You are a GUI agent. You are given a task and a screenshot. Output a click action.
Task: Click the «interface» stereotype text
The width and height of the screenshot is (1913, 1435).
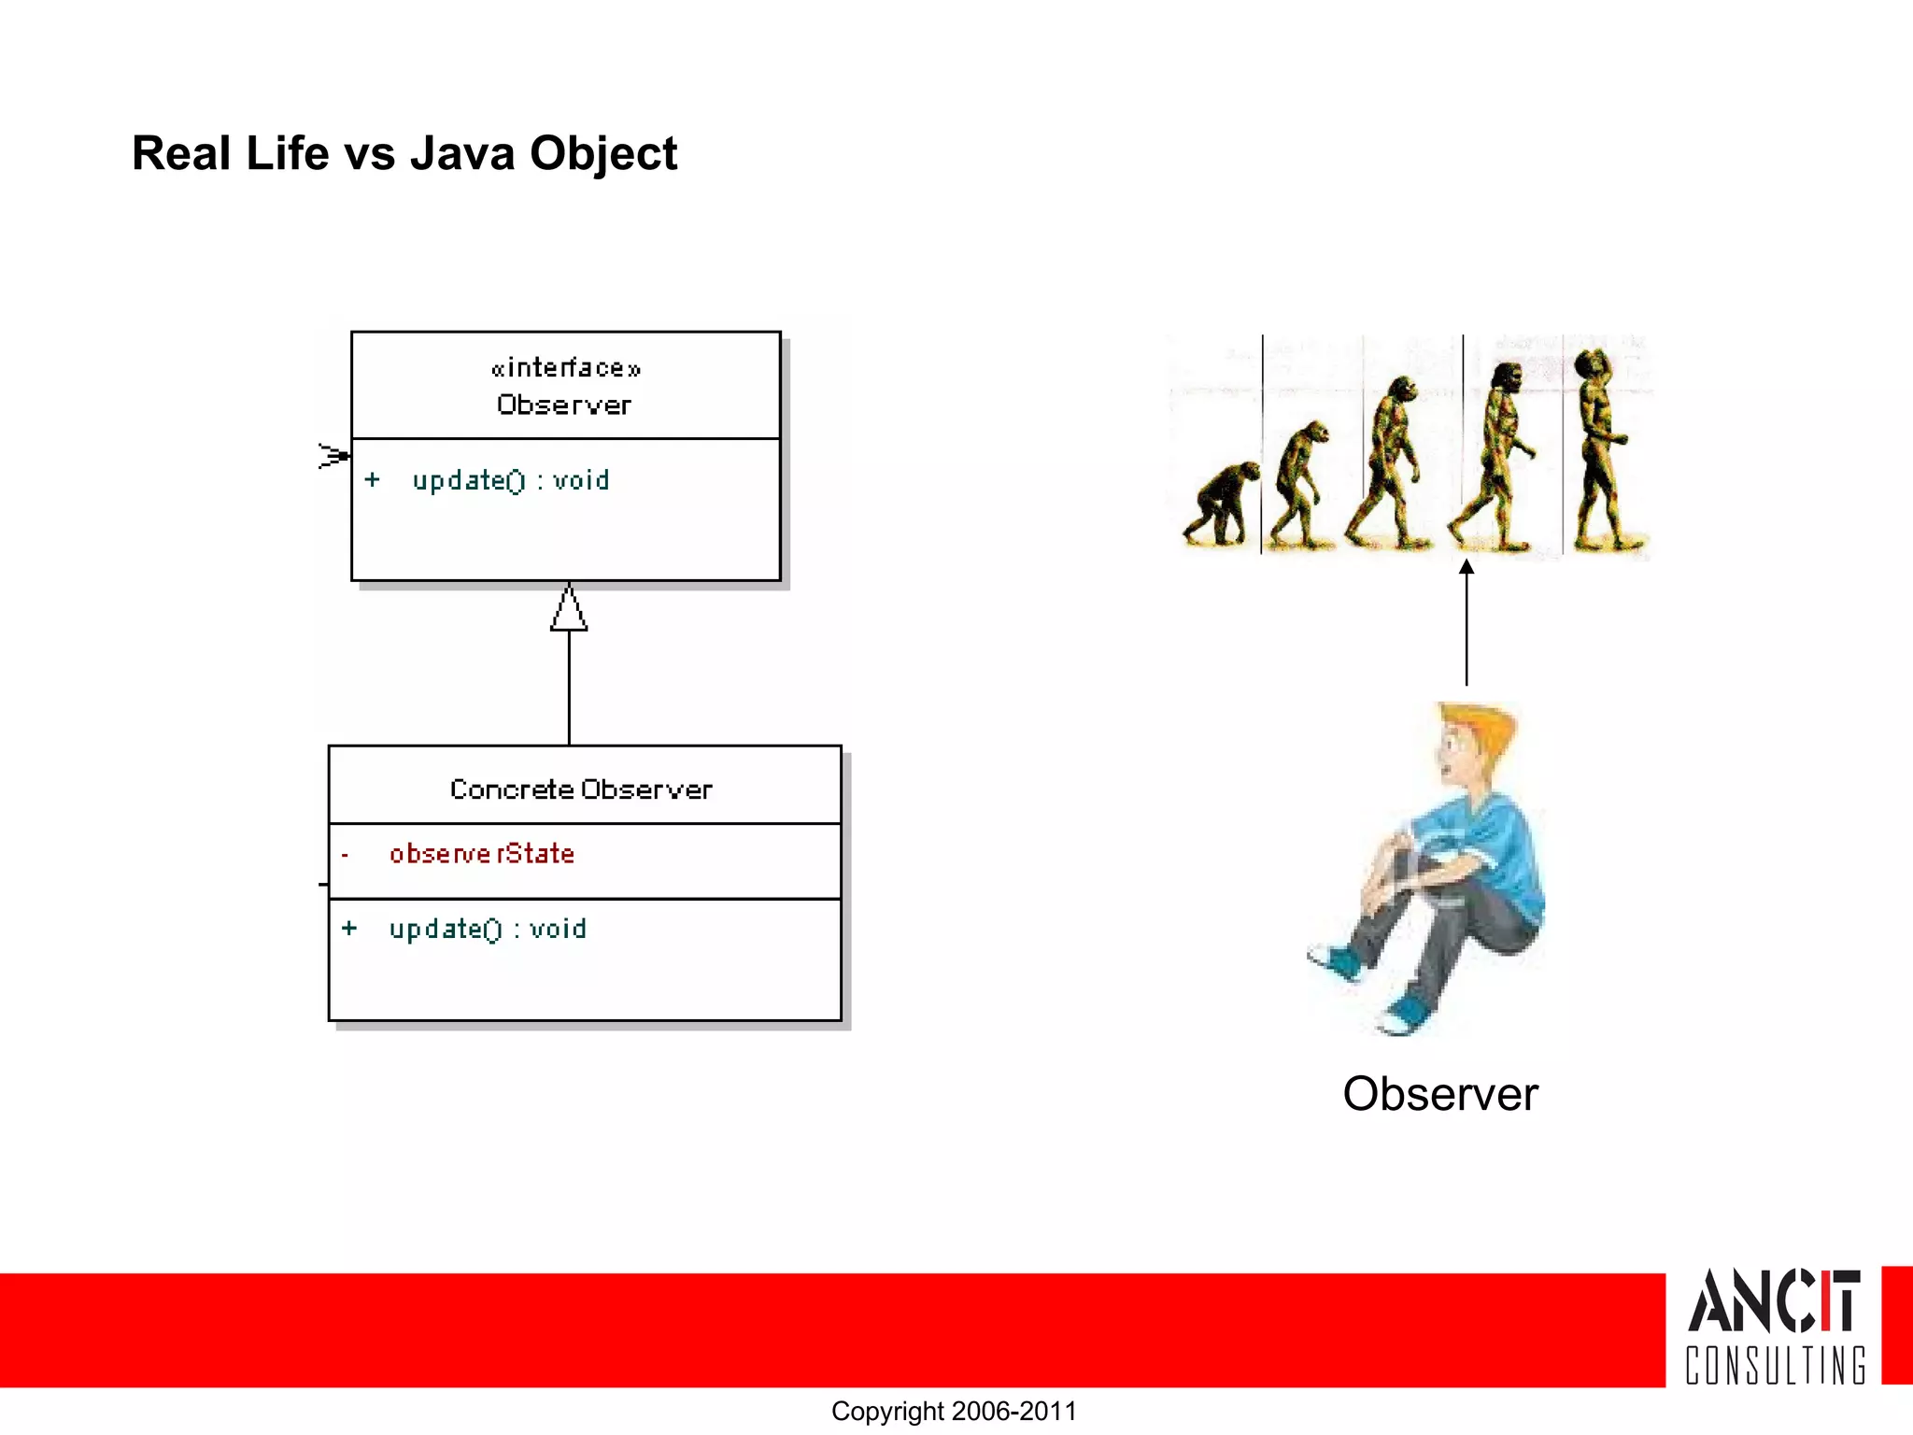[565, 368]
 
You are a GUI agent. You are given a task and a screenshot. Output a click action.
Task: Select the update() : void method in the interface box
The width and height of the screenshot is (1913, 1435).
[510, 481]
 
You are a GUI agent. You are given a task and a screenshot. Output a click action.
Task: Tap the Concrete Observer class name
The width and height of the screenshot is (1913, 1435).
[581, 790]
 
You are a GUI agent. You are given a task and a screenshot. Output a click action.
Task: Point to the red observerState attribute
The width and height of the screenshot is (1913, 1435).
[481, 854]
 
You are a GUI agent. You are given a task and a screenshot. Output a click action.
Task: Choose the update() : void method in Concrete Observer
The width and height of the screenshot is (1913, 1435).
[488, 930]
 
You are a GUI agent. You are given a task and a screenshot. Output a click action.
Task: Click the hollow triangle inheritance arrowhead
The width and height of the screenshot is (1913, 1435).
[569, 609]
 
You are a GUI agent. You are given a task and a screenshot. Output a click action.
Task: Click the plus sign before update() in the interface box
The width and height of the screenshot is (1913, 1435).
[372, 480]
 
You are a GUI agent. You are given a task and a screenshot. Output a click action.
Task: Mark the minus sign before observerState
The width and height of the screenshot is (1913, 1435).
[345, 855]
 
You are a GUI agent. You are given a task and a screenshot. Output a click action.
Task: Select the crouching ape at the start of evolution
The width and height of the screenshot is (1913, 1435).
[1220, 505]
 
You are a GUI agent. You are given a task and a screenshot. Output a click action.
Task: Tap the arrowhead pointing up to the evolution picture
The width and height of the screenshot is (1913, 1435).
[1467, 567]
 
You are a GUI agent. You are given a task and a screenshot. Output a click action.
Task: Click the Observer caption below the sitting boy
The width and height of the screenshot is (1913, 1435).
[1439, 1094]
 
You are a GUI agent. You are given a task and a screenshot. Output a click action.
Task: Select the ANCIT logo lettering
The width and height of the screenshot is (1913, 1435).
[1773, 1300]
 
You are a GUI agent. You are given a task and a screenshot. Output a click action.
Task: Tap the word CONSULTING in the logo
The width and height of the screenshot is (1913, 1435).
[1775, 1365]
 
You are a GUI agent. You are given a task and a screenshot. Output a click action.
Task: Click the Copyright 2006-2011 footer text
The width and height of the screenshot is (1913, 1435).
[954, 1412]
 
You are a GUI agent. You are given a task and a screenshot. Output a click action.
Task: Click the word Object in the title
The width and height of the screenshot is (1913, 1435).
[603, 154]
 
